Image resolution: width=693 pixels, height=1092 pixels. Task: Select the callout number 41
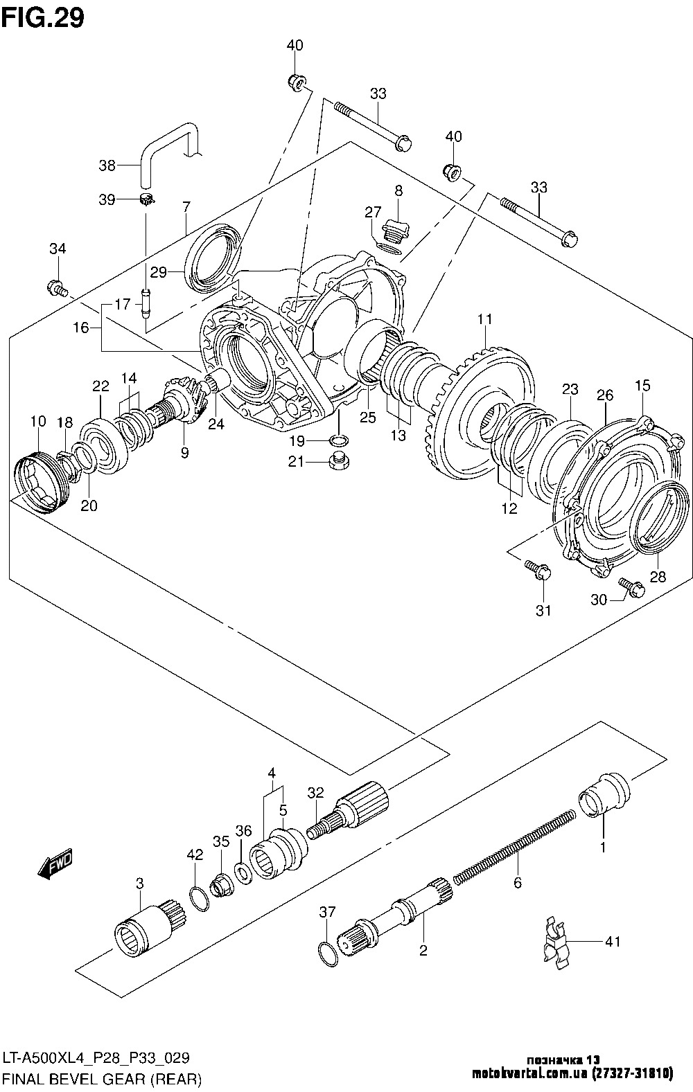pos(613,942)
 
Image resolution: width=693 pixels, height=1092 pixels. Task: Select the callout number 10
pos(37,420)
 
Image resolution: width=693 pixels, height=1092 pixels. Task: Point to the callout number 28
pos(658,576)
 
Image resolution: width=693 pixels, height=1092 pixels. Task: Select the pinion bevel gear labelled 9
pos(182,405)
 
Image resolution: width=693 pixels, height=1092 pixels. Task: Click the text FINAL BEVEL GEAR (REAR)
pos(103,1079)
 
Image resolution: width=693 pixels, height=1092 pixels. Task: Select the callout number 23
pos(570,389)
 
